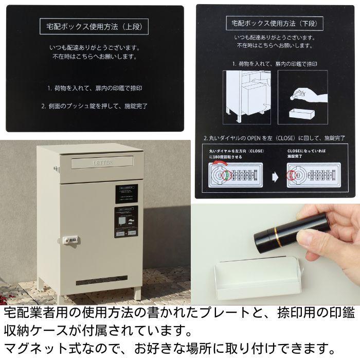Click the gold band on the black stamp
coord(277,238)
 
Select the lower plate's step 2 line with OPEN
coord(266,138)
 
